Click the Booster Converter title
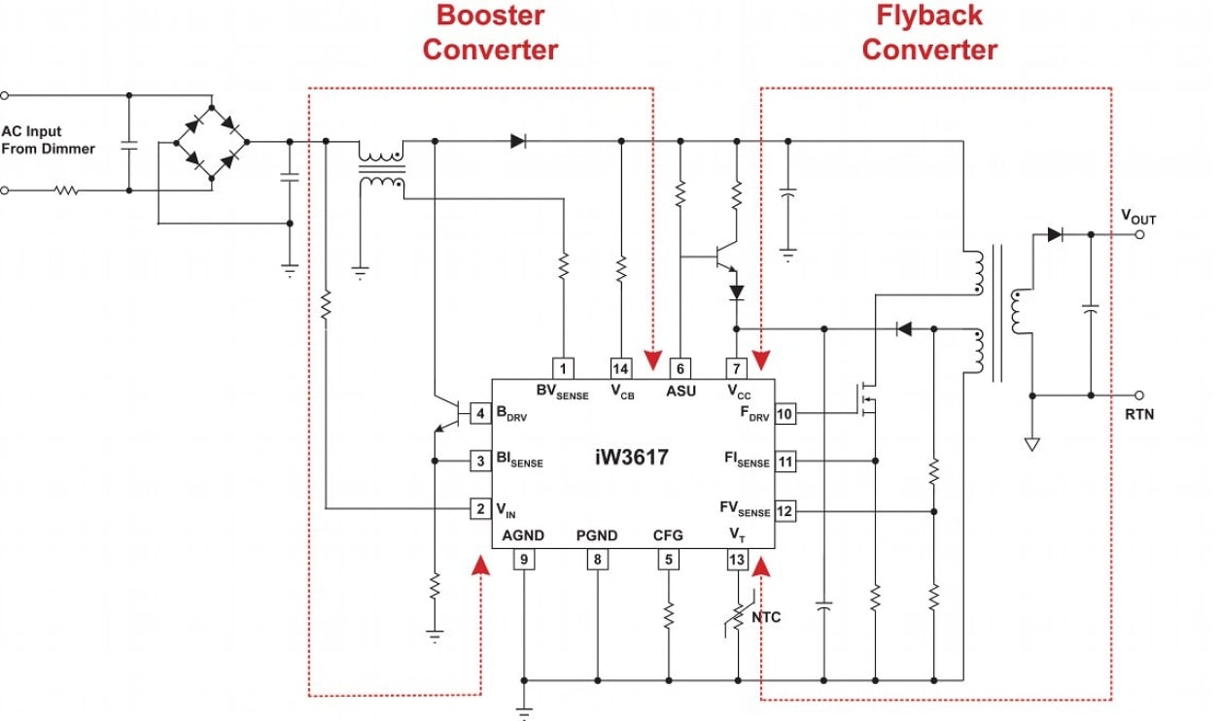490,32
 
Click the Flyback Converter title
929,32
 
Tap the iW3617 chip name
632,457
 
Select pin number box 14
621,368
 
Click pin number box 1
563,368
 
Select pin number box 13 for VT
738,560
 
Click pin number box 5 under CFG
668,560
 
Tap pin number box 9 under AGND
524,560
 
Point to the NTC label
764,617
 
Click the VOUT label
1138,218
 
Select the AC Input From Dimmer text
49,140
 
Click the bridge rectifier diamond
211,142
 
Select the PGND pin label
596,535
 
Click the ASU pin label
680,391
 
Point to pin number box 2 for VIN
480,508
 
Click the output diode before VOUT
1054,234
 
